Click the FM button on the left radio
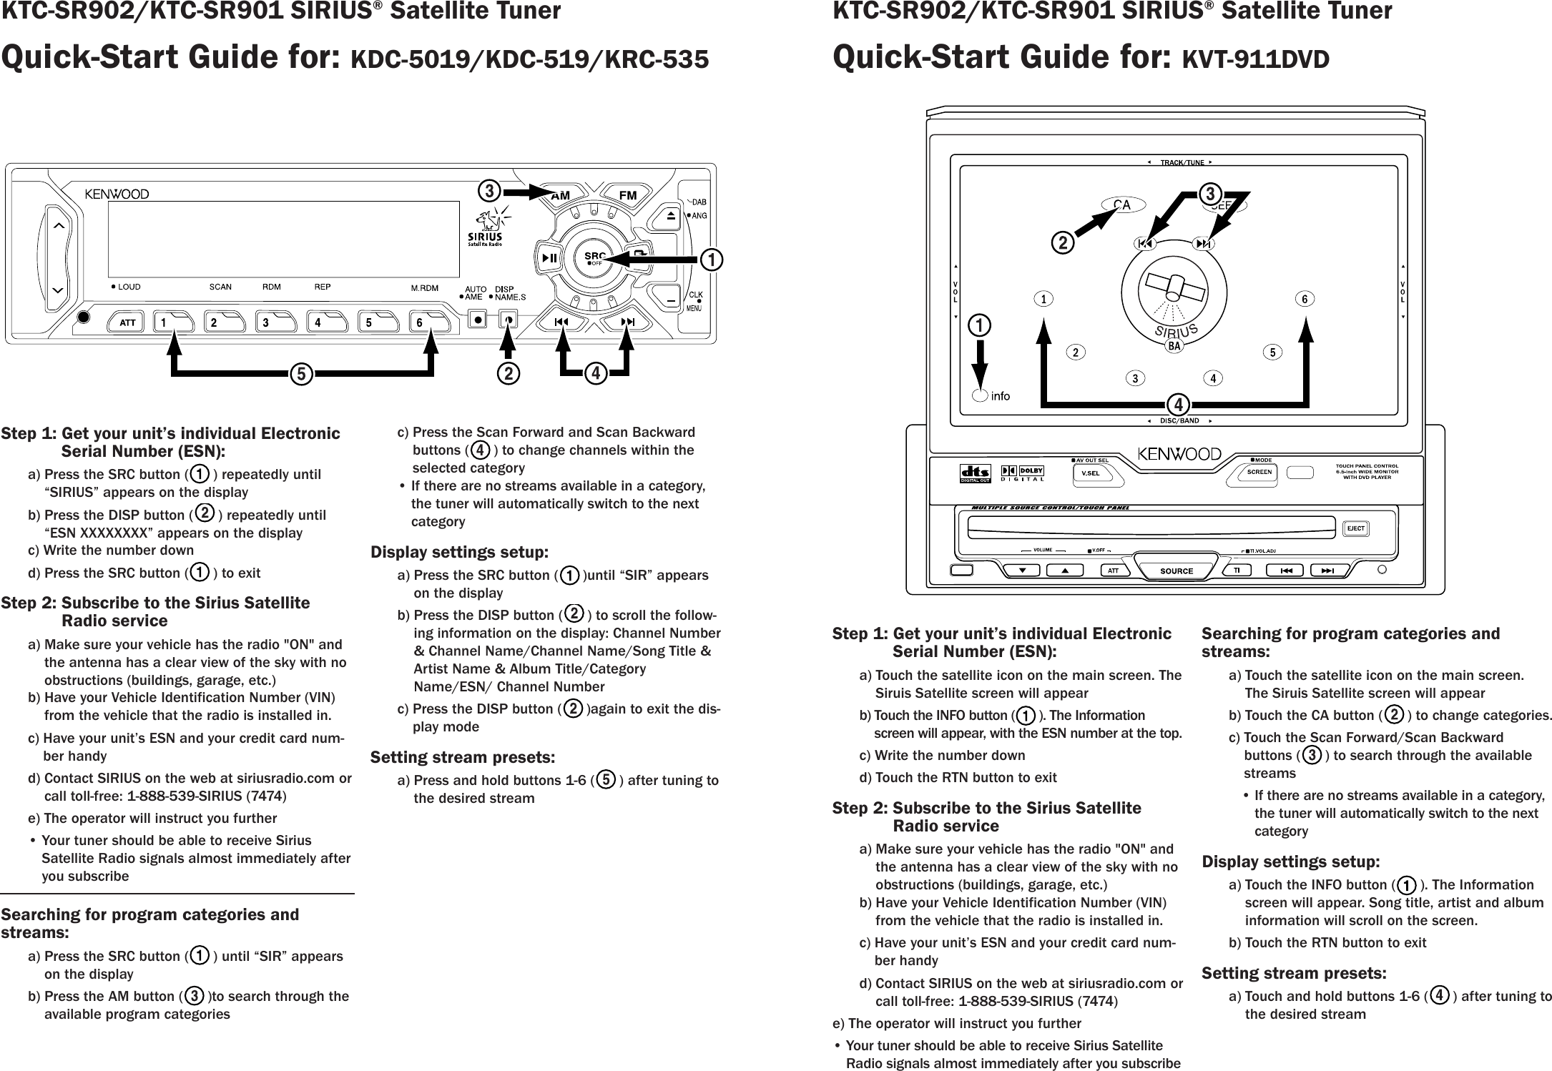[x=627, y=195]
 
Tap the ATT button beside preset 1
[x=128, y=322]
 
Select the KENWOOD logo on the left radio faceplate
[x=117, y=194]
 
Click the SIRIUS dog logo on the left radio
[x=486, y=227]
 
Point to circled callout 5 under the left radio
[x=302, y=374]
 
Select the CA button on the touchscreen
[x=1121, y=205]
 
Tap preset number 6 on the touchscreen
[x=1305, y=300]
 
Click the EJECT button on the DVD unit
[x=1355, y=529]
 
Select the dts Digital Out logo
[x=976, y=475]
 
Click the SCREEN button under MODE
[x=1259, y=472]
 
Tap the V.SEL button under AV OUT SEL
[x=1090, y=473]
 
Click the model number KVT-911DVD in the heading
[x=1256, y=59]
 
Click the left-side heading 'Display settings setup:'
[x=459, y=553]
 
